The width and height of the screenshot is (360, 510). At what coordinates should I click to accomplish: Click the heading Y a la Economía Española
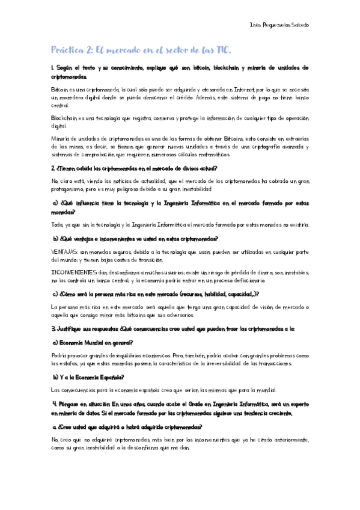coord(90,377)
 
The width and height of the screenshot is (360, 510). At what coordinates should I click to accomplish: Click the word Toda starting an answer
coord(58,224)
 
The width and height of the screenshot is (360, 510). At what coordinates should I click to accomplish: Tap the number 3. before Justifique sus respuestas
coord(53,328)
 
